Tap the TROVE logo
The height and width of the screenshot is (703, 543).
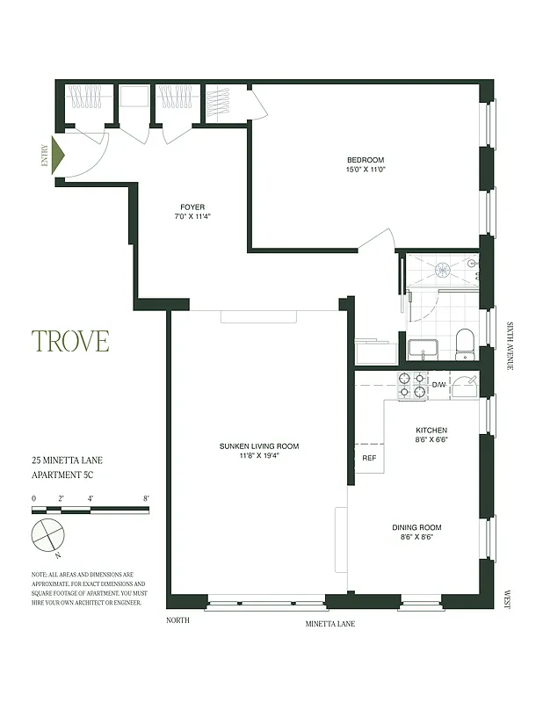[x=70, y=341]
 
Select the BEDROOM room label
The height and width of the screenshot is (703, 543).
[x=366, y=160]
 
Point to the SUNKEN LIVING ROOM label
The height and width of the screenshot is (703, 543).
[x=259, y=446]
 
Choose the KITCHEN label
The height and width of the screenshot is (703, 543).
[x=431, y=431]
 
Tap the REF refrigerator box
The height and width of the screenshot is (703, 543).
[x=368, y=458]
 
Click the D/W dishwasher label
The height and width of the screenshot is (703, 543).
[x=438, y=385]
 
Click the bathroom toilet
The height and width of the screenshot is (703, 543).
[x=465, y=344]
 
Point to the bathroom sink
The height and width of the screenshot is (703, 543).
[x=423, y=346]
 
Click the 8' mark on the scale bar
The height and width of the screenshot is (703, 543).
[x=146, y=498]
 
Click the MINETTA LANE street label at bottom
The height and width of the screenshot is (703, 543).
[x=329, y=624]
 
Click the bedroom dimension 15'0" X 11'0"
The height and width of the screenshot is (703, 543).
[x=366, y=170]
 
